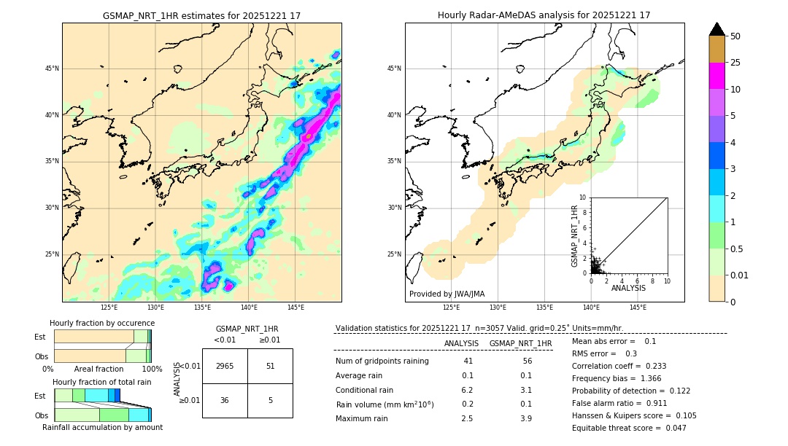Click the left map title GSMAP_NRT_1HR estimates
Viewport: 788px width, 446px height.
click(201, 15)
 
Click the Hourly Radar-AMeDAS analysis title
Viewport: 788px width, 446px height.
click(544, 15)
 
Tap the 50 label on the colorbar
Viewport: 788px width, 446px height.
click(735, 36)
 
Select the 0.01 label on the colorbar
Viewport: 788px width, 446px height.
click(739, 275)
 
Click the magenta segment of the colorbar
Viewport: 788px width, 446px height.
click(716, 76)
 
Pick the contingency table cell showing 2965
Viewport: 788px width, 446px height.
click(225, 366)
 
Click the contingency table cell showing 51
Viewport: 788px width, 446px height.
click(270, 366)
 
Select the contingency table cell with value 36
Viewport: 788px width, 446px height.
click(225, 400)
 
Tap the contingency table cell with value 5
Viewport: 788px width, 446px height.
click(270, 400)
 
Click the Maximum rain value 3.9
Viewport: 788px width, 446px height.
click(525, 418)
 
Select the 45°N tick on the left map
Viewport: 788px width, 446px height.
click(51, 69)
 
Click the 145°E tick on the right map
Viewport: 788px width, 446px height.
click(638, 308)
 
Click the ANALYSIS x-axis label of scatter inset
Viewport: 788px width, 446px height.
click(628, 289)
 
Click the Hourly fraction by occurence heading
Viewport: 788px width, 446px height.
click(102, 323)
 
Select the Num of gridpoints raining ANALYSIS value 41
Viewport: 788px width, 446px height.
click(468, 361)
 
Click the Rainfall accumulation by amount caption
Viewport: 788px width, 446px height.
click(102, 427)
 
